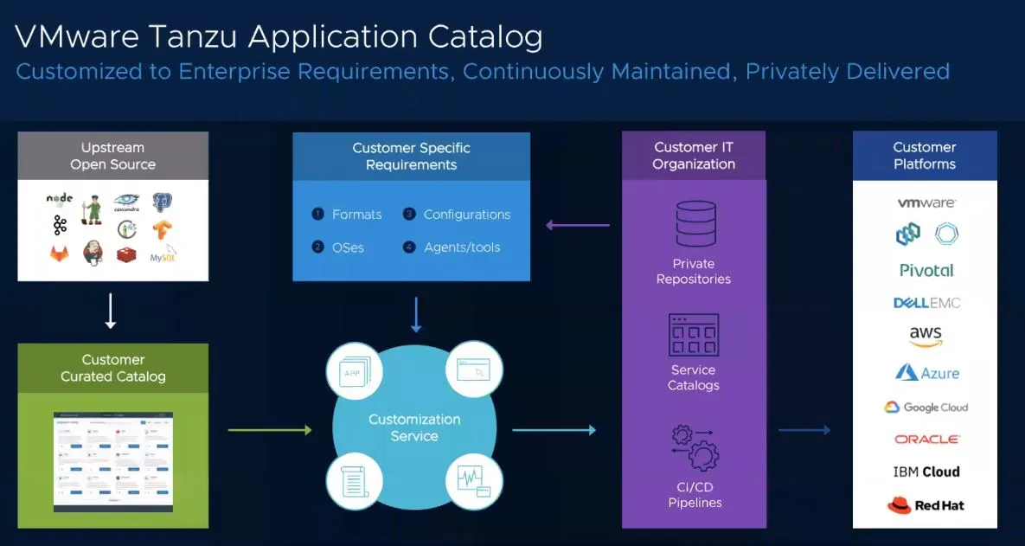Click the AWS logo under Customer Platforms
(926, 337)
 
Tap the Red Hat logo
(926, 505)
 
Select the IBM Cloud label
(926, 472)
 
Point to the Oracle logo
(926, 440)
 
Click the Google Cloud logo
(926, 408)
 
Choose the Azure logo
(926, 373)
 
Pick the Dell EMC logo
(926, 303)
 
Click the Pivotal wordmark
(926, 270)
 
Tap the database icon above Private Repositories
(695, 223)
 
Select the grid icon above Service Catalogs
(694, 334)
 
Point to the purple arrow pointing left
(577, 226)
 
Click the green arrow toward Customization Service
(269, 429)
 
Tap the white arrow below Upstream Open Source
(111, 311)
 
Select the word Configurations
(467, 215)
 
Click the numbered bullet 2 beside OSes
(317, 247)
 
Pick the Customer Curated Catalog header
(113, 368)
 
